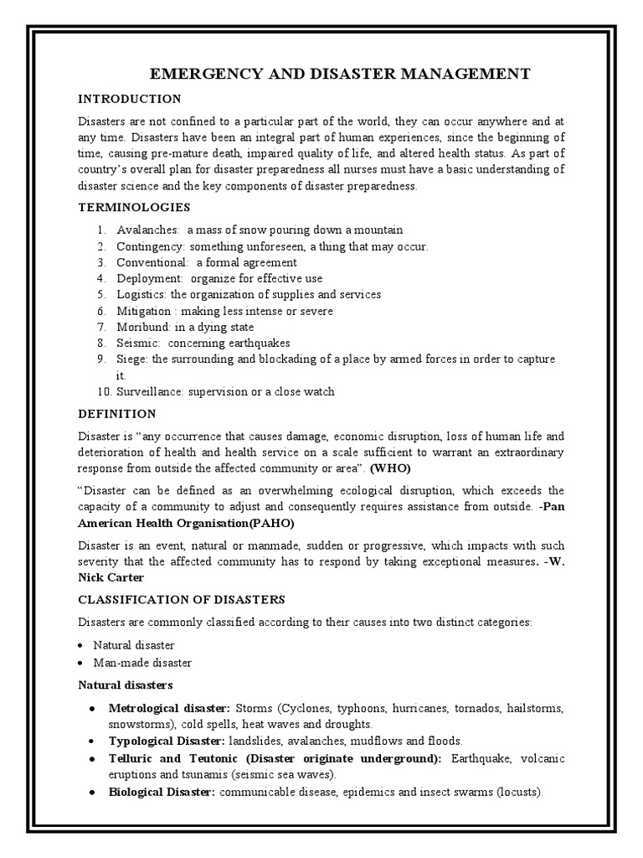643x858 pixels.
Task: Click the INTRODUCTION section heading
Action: pyautogui.click(x=129, y=99)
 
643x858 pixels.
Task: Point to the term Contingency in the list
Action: pyautogui.click(x=152, y=246)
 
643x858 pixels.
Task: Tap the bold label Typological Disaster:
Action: pyautogui.click(x=167, y=742)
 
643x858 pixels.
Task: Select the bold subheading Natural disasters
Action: pyautogui.click(x=125, y=685)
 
